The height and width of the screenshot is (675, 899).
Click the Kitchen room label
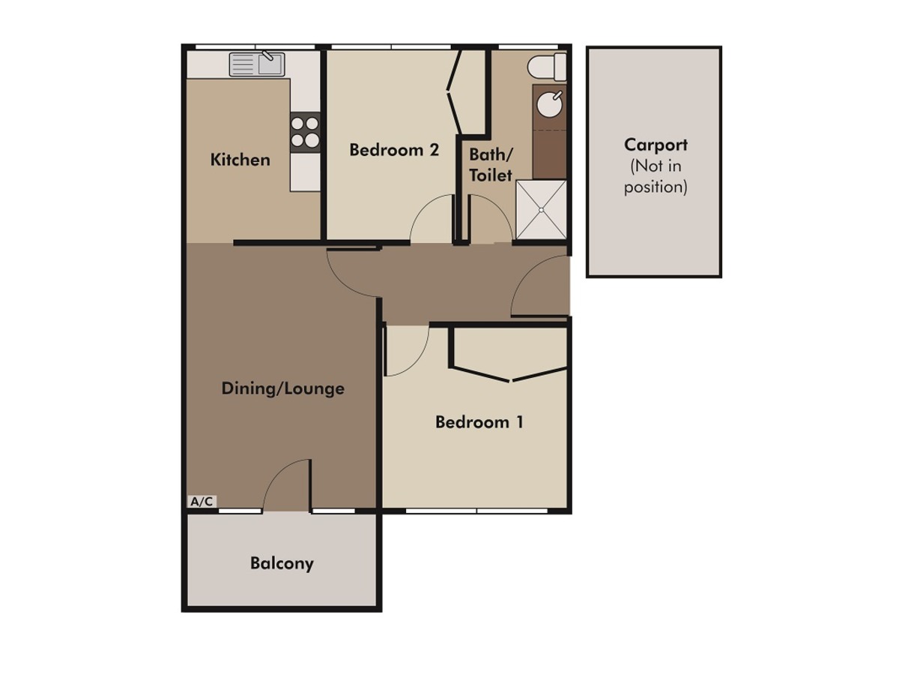coord(240,160)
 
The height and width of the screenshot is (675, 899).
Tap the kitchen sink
coord(257,64)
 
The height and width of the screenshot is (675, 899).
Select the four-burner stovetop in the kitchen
coord(305,132)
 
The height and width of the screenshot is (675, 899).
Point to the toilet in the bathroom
coord(547,67)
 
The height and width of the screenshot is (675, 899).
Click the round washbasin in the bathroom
coord(550,103)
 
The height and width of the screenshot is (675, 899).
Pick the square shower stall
coord(541,209)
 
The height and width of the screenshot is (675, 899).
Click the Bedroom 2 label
coord(394,150)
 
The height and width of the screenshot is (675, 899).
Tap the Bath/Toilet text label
coord(491,165)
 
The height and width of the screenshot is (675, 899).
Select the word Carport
coord(656,145)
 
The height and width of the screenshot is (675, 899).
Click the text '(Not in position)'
coord(656,177)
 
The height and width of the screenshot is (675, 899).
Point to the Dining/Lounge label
coord(282,388)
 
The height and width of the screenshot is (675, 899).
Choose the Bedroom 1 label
coord(479,422)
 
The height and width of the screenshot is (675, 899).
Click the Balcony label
coord(282,563)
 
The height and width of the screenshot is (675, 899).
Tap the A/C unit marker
coord(202,501)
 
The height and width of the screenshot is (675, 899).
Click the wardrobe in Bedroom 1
coord(509,353)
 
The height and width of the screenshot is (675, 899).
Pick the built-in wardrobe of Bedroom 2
coord(469,91)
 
